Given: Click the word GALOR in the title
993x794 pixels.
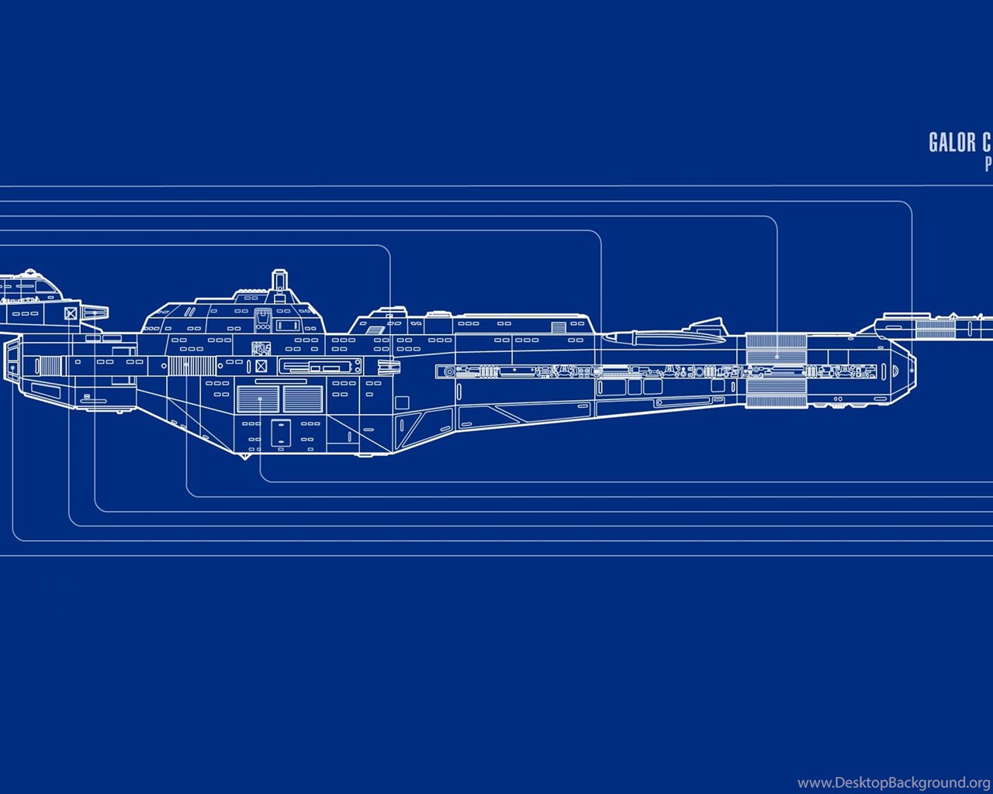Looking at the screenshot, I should tap(951, 142).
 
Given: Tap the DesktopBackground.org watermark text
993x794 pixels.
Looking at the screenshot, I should tap(894, 782).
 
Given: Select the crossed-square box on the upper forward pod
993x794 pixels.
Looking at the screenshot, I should tap(71, 313).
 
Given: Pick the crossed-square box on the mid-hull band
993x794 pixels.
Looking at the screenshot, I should tap(261, 365).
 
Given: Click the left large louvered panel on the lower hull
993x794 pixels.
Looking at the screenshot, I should tap(258, 399).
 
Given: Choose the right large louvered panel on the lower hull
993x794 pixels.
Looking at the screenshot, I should tap(303, 399).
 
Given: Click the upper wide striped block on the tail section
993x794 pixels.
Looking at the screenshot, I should tap(776, 346).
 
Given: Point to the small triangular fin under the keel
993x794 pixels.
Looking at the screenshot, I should tap(245, 455).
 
